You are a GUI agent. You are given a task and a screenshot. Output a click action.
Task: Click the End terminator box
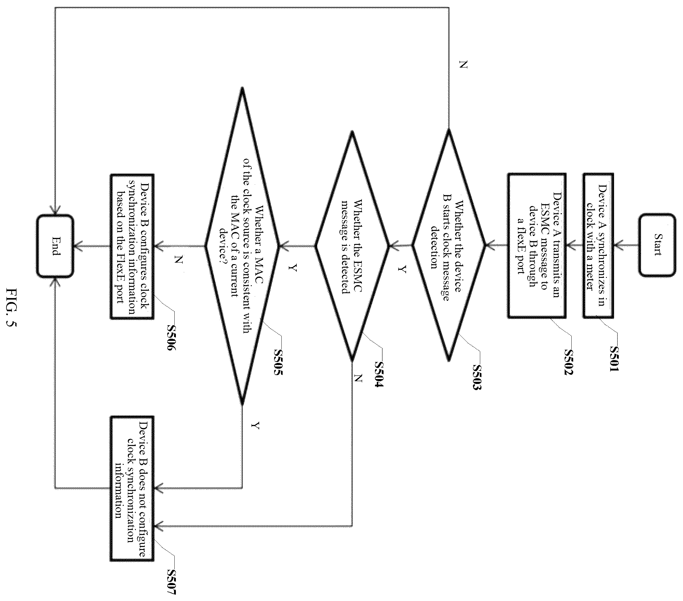[55, 246]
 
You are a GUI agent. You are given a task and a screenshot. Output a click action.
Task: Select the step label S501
[614, 358]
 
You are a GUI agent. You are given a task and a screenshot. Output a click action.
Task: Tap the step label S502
[568, 362]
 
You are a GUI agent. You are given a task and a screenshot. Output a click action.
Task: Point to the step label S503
[477, 377]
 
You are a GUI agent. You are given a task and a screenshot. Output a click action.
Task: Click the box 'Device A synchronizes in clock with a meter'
[598, 245]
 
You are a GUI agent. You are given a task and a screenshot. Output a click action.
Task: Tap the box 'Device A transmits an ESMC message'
[536, 245]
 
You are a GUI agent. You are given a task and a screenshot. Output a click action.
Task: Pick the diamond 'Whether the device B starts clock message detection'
[448, 245]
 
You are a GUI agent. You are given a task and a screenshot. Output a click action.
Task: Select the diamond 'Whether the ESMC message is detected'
[352, 246]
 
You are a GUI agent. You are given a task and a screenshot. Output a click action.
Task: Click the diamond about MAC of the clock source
[242, 246]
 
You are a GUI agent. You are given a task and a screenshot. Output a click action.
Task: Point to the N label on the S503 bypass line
[463, 65]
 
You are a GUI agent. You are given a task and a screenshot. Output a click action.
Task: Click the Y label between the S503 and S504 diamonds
[403, 269]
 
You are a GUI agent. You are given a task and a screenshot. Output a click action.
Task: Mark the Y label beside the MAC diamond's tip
[256, 425]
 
